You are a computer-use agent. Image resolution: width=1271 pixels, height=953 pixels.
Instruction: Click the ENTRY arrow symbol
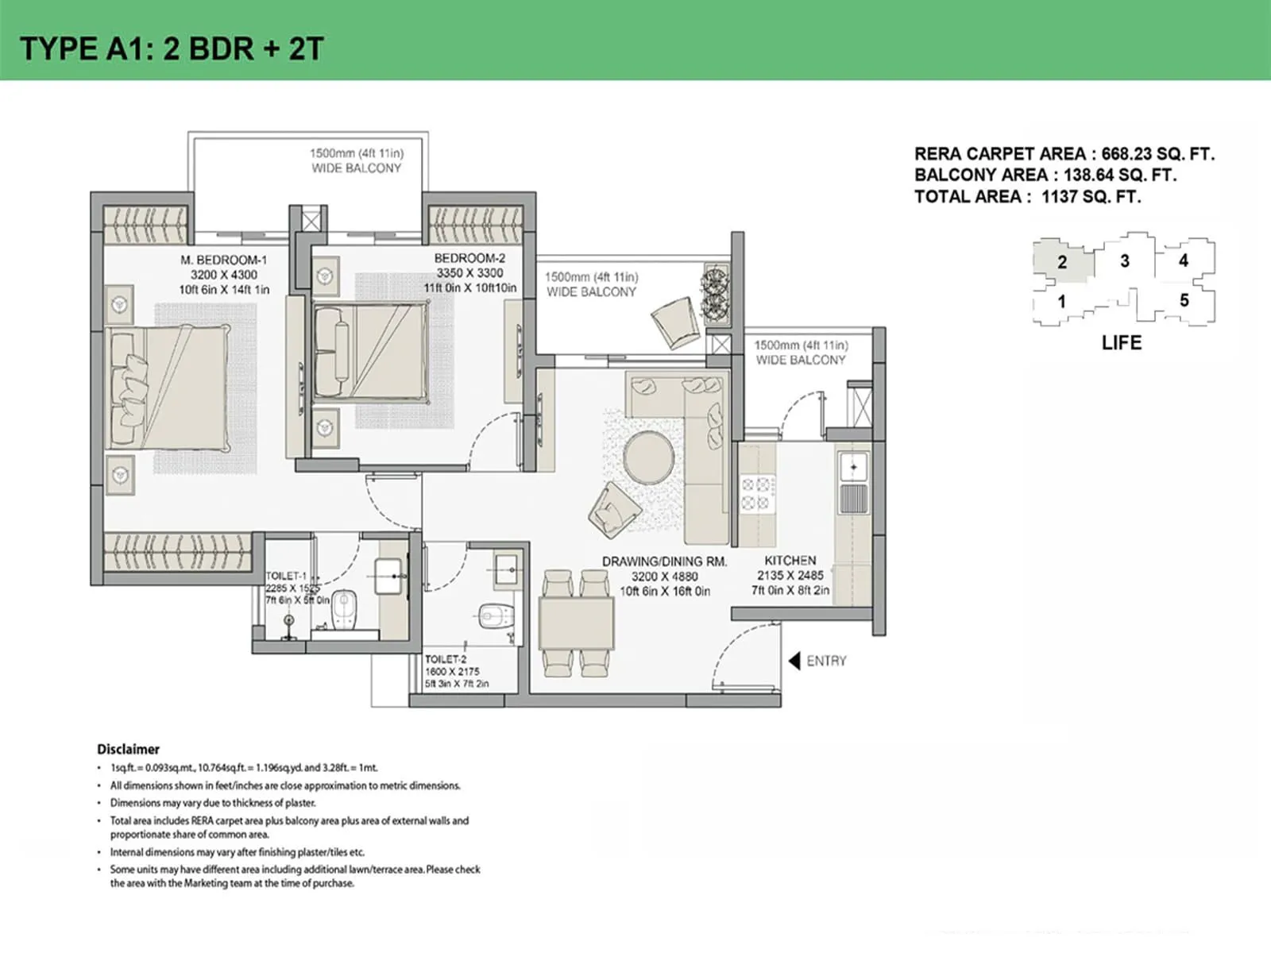tap(794, 661)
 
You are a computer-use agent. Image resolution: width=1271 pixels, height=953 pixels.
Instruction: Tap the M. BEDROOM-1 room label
tap(223, 260)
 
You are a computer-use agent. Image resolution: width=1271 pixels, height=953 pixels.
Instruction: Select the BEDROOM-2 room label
tap(469, 258)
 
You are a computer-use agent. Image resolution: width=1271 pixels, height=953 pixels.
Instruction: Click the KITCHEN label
tap(790, 560)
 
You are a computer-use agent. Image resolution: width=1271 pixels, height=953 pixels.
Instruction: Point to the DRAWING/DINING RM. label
tap(664, 561)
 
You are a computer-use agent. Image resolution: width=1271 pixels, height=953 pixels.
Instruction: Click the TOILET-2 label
tap(446, 659)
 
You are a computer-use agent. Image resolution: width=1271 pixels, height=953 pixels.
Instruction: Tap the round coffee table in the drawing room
tap(649, 457)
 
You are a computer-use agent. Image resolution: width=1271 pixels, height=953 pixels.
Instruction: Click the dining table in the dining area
tap(577, 623)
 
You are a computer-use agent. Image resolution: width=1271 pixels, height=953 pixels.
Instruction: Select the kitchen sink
tap(854, 469)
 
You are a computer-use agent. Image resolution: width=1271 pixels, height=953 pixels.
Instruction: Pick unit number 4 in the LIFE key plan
tap(1183, 260)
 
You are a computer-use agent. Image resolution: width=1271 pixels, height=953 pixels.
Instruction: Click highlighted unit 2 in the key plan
tap(1062, 262)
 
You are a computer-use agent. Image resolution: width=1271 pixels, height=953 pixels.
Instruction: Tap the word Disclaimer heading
tap(128, 749)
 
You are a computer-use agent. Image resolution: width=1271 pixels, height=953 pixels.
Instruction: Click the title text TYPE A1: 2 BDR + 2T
tap(172, 49)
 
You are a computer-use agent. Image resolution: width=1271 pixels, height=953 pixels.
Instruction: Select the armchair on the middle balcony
tap(674, 320)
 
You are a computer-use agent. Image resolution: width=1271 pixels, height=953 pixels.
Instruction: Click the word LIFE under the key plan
tap(1121, 343)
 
